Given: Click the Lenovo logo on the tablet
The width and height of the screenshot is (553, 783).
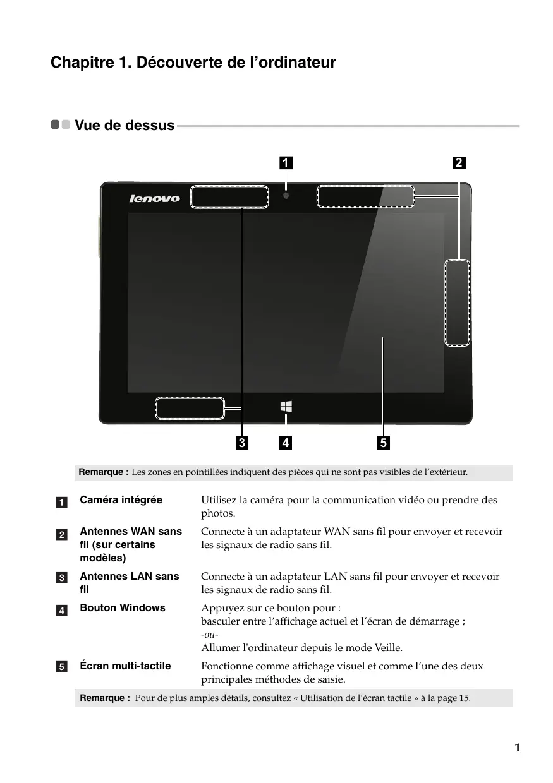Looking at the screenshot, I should (155, 198).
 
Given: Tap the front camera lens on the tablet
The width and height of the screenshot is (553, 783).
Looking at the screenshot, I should (286, 196).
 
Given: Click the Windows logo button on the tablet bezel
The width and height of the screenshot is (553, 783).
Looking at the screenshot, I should (286, 407).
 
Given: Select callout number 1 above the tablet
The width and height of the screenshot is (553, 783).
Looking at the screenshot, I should (286, 163).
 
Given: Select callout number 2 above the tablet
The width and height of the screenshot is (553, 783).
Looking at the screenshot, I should (459, 163).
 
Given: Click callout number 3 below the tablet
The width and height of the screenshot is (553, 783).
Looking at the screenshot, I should (241, 443).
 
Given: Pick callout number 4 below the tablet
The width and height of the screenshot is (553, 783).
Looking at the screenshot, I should (286, 443).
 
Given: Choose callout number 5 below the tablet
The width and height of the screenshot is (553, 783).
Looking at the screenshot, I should (384, 443).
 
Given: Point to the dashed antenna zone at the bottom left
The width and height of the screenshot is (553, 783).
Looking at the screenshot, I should (190, 409).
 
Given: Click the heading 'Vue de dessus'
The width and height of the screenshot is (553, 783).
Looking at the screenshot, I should (125, 125).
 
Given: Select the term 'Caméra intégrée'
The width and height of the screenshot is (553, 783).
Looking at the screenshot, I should (121, 500).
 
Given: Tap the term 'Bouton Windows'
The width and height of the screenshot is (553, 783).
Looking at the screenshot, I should (123, 607).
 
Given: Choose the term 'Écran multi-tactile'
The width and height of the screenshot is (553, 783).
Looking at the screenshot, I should (125, 666).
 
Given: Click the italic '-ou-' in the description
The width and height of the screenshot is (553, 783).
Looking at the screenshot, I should (210, 635).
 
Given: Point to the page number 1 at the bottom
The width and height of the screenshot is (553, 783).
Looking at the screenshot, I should (517, 748).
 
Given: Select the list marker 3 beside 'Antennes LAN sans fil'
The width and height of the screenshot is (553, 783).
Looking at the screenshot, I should (62, 578).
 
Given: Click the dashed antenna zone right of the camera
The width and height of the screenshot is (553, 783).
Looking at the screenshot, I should (365, 197).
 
